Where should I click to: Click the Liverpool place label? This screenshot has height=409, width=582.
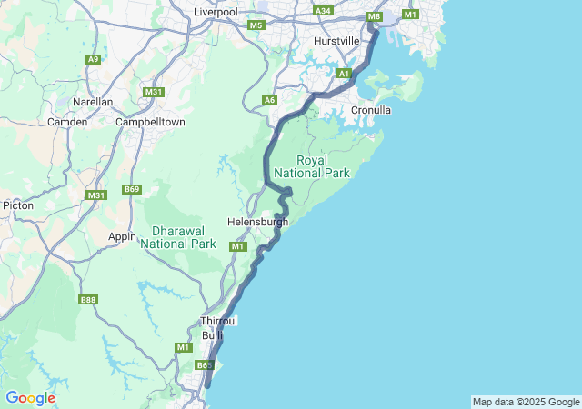[215, 12]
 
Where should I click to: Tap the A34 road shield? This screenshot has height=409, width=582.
[323, 10]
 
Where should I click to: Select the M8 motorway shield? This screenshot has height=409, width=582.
[374, 16]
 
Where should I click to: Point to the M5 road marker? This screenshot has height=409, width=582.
[256, 25]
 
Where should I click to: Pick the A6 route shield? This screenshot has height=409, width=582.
[269, 99]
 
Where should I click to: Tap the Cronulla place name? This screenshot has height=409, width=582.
[371, 110]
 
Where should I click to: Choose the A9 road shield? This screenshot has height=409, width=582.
[93, 59]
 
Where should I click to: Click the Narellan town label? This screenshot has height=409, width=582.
[93, 103]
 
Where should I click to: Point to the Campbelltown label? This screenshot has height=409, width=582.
[150, 121]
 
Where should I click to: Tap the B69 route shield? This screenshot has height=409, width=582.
[133, 189]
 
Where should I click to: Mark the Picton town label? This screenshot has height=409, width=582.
[18, 205]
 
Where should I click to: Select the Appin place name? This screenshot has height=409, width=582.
[122, 236]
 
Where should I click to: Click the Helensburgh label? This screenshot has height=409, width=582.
[257, 222]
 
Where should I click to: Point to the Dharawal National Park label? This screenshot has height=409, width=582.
[178, 237]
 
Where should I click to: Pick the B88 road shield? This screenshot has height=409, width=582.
[88, 300]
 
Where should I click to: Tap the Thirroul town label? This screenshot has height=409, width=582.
[219, 322]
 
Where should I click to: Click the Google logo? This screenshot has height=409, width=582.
[30, 398]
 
